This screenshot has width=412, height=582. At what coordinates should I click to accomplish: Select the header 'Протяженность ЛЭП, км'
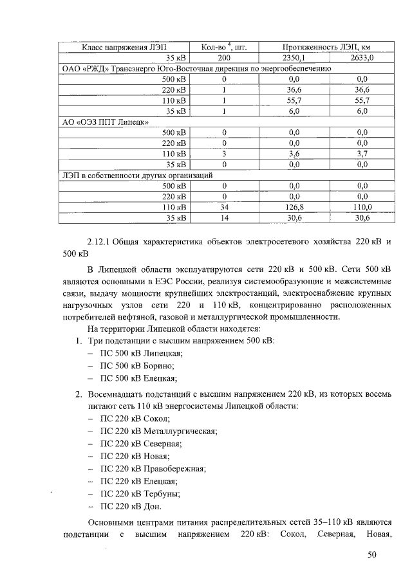328,47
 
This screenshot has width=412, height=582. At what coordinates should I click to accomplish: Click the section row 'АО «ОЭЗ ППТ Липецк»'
106,122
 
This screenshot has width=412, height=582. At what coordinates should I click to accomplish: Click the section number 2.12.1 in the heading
98,242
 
